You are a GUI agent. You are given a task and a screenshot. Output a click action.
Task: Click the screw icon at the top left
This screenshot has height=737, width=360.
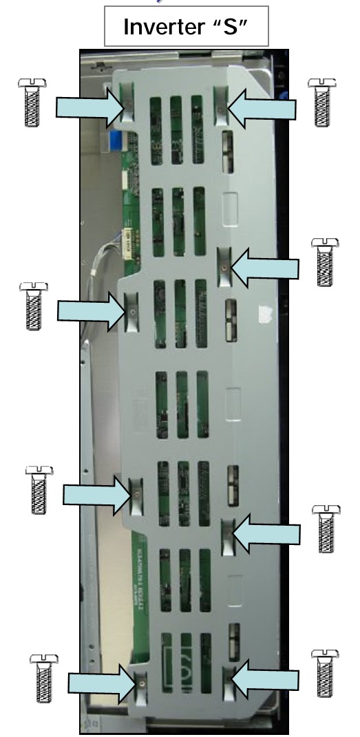tap(32, 101)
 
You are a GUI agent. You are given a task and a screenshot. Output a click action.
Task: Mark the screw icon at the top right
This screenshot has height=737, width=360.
tap(321, 101)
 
